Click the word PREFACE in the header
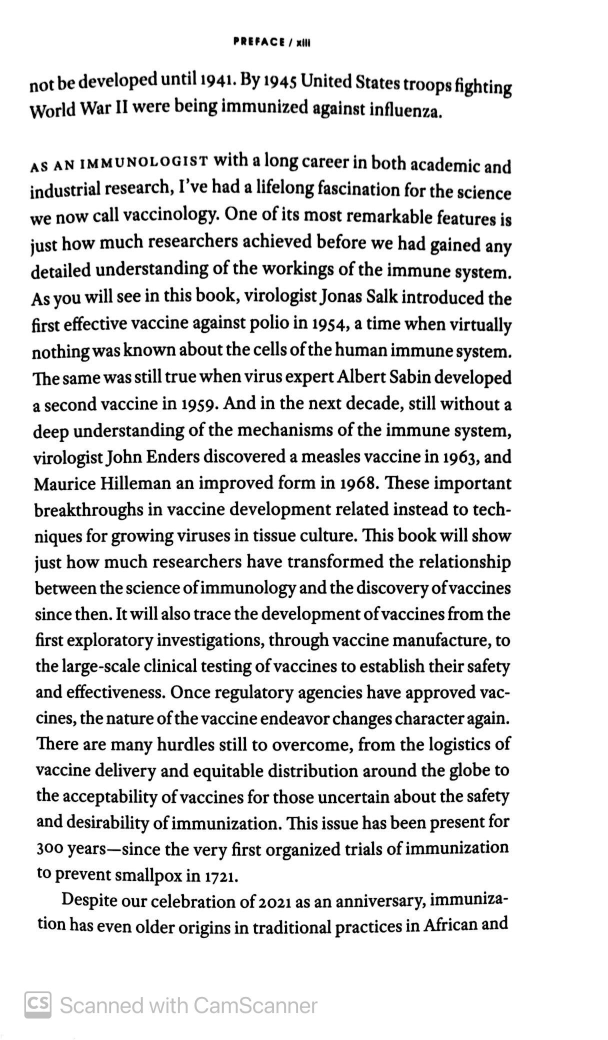(x=258, y=42)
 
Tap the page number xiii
(x=303, y=43)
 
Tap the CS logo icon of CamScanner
(x=38, y=1004)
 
